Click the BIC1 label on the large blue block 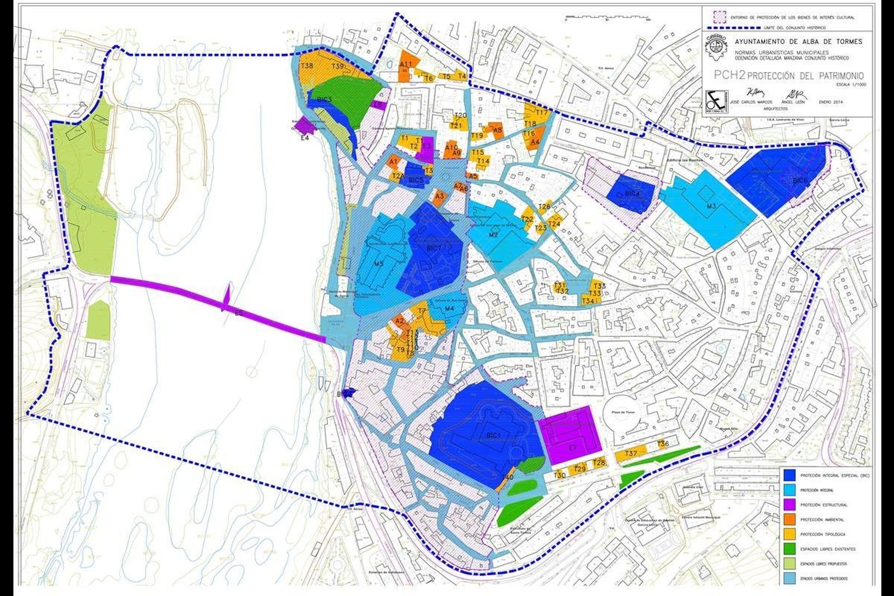click(492, 434)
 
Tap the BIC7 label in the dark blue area click(434, 247)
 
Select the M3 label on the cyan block click(711, 207)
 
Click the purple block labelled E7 click(570, 436)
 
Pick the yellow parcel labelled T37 click(631, 454)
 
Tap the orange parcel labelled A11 click(406, 64)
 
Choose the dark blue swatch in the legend click(789, 475)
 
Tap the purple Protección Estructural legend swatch click(789, 504)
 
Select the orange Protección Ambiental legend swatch click(789, 519)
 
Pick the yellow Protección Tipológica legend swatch click(789, 534)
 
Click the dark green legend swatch click(789, 549)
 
